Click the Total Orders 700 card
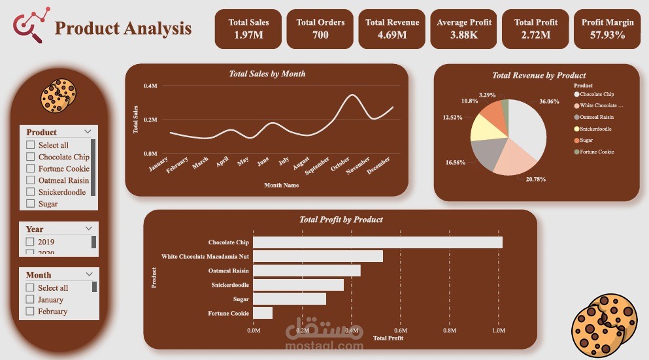coord(320,29)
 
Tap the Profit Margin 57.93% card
coord(607,29)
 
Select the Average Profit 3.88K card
coord(464,29)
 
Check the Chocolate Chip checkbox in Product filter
coord(30,157)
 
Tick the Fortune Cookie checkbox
coord(30,169)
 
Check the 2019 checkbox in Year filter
coord(30,242)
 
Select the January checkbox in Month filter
coord(30,299)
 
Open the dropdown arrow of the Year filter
coord(89,229)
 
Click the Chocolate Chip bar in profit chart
coord(377,242)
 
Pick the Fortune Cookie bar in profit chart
coord(263,313)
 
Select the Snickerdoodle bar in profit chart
coord(298,285)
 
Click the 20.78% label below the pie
coord(535,179)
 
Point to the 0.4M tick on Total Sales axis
coord(150,86)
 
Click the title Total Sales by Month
coord(267,74)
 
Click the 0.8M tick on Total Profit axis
coord(450,331)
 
